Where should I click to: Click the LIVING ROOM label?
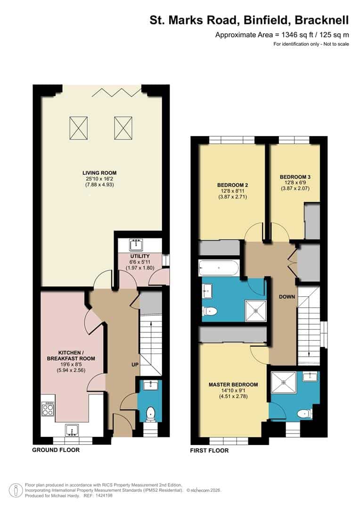coord(99,173)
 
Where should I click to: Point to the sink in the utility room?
coord(139,245)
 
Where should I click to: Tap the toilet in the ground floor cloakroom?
coord(150,413)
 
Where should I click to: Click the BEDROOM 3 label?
coord(295,177)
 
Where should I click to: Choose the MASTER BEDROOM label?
coord(233,385)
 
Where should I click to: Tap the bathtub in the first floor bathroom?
coord(220,268)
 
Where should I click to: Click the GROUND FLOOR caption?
coord(56,450)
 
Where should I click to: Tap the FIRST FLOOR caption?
coord(210,451)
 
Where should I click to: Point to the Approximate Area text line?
coord(282,34)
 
